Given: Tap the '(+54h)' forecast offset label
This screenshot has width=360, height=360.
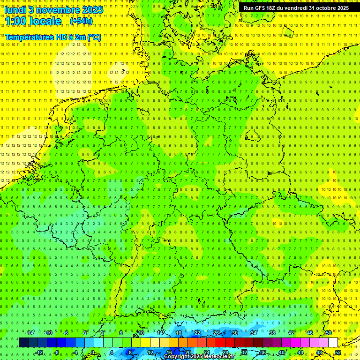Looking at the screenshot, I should pos(81,21).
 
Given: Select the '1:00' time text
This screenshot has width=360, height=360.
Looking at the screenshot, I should pos(15,21).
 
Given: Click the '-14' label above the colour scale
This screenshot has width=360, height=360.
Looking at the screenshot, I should pos(30,333).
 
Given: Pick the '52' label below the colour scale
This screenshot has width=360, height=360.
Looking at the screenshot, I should pos(337,352).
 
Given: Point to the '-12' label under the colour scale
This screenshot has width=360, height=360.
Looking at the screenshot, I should pos(39,352).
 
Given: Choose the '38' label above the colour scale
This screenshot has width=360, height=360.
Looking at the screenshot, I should pos(272,333).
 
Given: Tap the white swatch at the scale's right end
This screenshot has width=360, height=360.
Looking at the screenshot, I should pos(333,343).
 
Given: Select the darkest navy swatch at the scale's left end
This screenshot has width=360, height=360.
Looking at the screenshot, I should pos(23,343).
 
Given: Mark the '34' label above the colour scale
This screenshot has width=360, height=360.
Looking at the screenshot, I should pos(254,333).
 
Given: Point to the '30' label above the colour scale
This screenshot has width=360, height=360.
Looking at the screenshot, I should pos(235,333).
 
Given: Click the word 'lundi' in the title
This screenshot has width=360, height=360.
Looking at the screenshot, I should pos(15,10).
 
